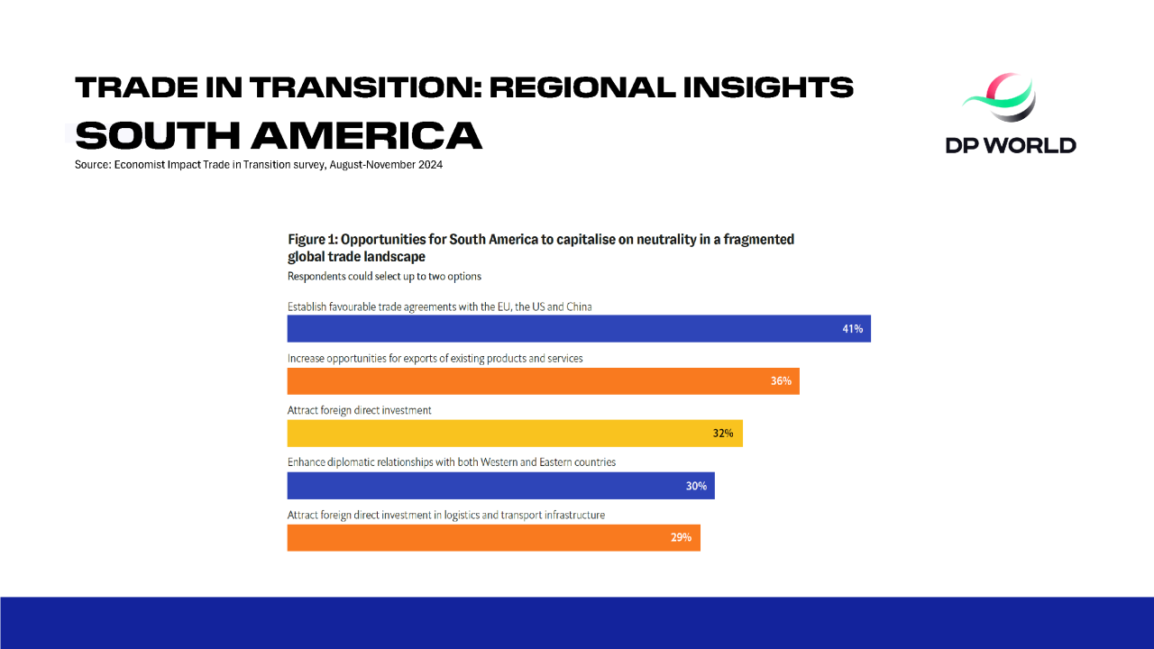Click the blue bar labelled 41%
point(579,329)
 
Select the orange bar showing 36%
point(544,381)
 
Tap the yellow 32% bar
point(515,434)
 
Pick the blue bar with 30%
point(500,486)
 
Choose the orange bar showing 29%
point(493,538)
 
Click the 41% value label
point(853,329)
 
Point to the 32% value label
point(723,434)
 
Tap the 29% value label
point(681,537)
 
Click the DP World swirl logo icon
point(1000,98)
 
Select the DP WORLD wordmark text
point(1011,145)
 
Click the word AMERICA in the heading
point(366,135)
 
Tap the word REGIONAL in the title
point(582,87)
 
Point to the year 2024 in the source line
point(430,165)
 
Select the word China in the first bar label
point(579,307)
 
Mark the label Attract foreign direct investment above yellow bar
point(359,410)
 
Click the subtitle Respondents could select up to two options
point(384,277)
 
